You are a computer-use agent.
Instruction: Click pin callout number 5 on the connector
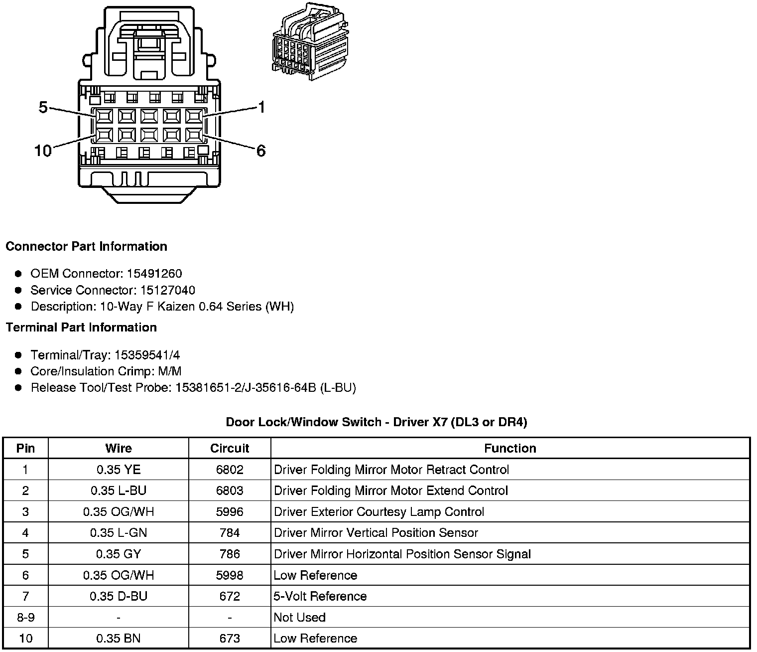43,107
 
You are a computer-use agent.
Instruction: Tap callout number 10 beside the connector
43,151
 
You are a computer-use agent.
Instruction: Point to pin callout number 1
261,107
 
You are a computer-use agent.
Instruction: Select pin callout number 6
261,151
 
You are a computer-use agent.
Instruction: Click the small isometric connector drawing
310,42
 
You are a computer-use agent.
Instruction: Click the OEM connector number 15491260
154,274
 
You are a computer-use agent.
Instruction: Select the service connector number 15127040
168,290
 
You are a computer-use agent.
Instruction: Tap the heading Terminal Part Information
81,327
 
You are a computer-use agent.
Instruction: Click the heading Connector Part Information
86,246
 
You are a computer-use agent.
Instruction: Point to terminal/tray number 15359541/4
147,355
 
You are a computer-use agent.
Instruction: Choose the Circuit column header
230,448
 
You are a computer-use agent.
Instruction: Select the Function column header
510,448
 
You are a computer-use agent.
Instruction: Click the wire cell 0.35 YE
119,470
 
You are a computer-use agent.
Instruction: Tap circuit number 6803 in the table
230,490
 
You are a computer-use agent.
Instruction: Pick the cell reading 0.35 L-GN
119,533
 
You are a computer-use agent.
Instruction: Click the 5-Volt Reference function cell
320,596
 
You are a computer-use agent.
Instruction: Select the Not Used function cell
300,617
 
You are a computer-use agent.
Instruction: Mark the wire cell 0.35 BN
119,639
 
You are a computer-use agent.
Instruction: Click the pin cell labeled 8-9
25,617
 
